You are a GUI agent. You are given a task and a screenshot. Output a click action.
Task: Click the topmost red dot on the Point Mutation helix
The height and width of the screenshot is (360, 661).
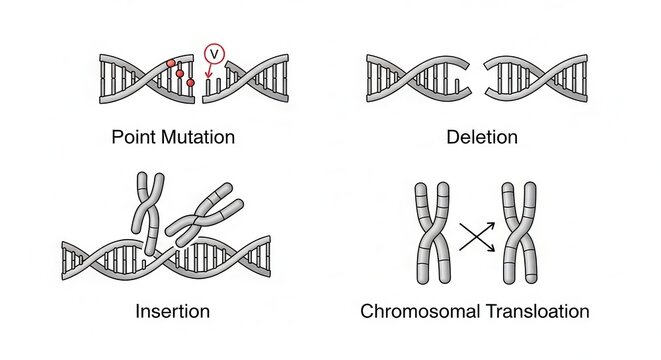coord(171,63)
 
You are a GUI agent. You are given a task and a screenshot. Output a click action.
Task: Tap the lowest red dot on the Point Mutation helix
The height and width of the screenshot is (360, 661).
coord(188,83)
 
